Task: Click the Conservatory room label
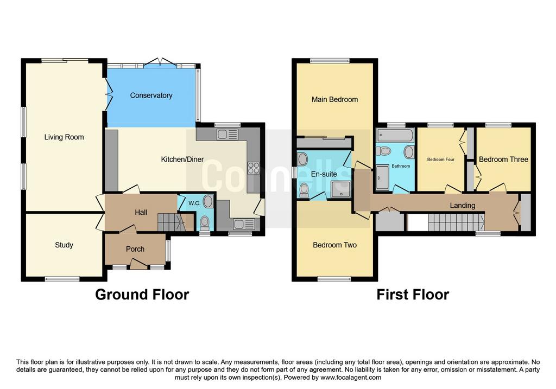151,95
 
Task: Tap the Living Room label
64,137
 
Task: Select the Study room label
64,245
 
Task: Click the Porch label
135,249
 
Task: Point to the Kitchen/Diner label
182,160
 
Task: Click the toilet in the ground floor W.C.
205,222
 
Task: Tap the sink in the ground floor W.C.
208,202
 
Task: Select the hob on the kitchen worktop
254,168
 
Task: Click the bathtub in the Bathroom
395,135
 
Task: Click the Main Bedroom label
334,99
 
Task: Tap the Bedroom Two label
334,245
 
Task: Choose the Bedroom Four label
441,160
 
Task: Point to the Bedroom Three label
503,160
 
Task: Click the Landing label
463,205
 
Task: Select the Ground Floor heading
142,295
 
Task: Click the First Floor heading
413,295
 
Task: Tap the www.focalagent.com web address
351,377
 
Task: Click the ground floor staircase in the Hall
172,222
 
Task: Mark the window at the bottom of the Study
62,279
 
